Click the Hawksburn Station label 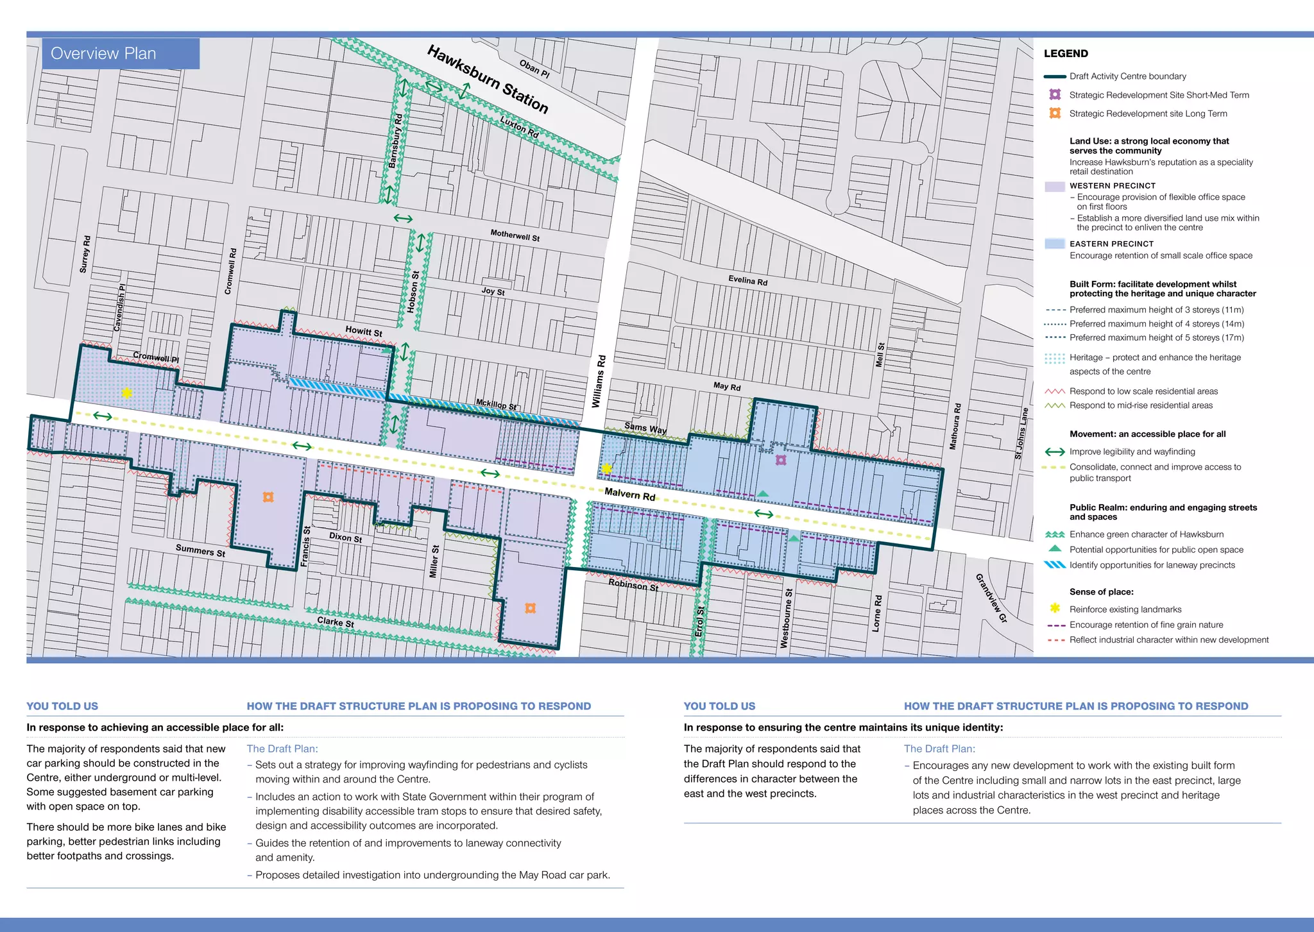(488, 80)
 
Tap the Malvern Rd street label (629, 495)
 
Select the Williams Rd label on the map (598, 382)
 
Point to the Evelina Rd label (747, 281)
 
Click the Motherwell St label (515, 235)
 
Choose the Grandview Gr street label (991, 598)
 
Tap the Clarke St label (336, 622)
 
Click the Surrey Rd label (85, 255)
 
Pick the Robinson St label (633, 585)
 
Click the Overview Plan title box (121, 53)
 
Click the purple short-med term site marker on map (780, 460)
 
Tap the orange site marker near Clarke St (530, 608)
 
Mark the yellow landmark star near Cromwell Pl (127, 393)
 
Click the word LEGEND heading (1066, 54)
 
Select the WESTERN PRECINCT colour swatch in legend (1054, 187)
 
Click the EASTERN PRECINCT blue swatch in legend (1054, 244)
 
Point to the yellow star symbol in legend (1054, 608)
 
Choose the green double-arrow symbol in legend (1055, 452)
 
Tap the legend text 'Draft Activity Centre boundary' (1127, 76)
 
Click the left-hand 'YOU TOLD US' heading (62, 706)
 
